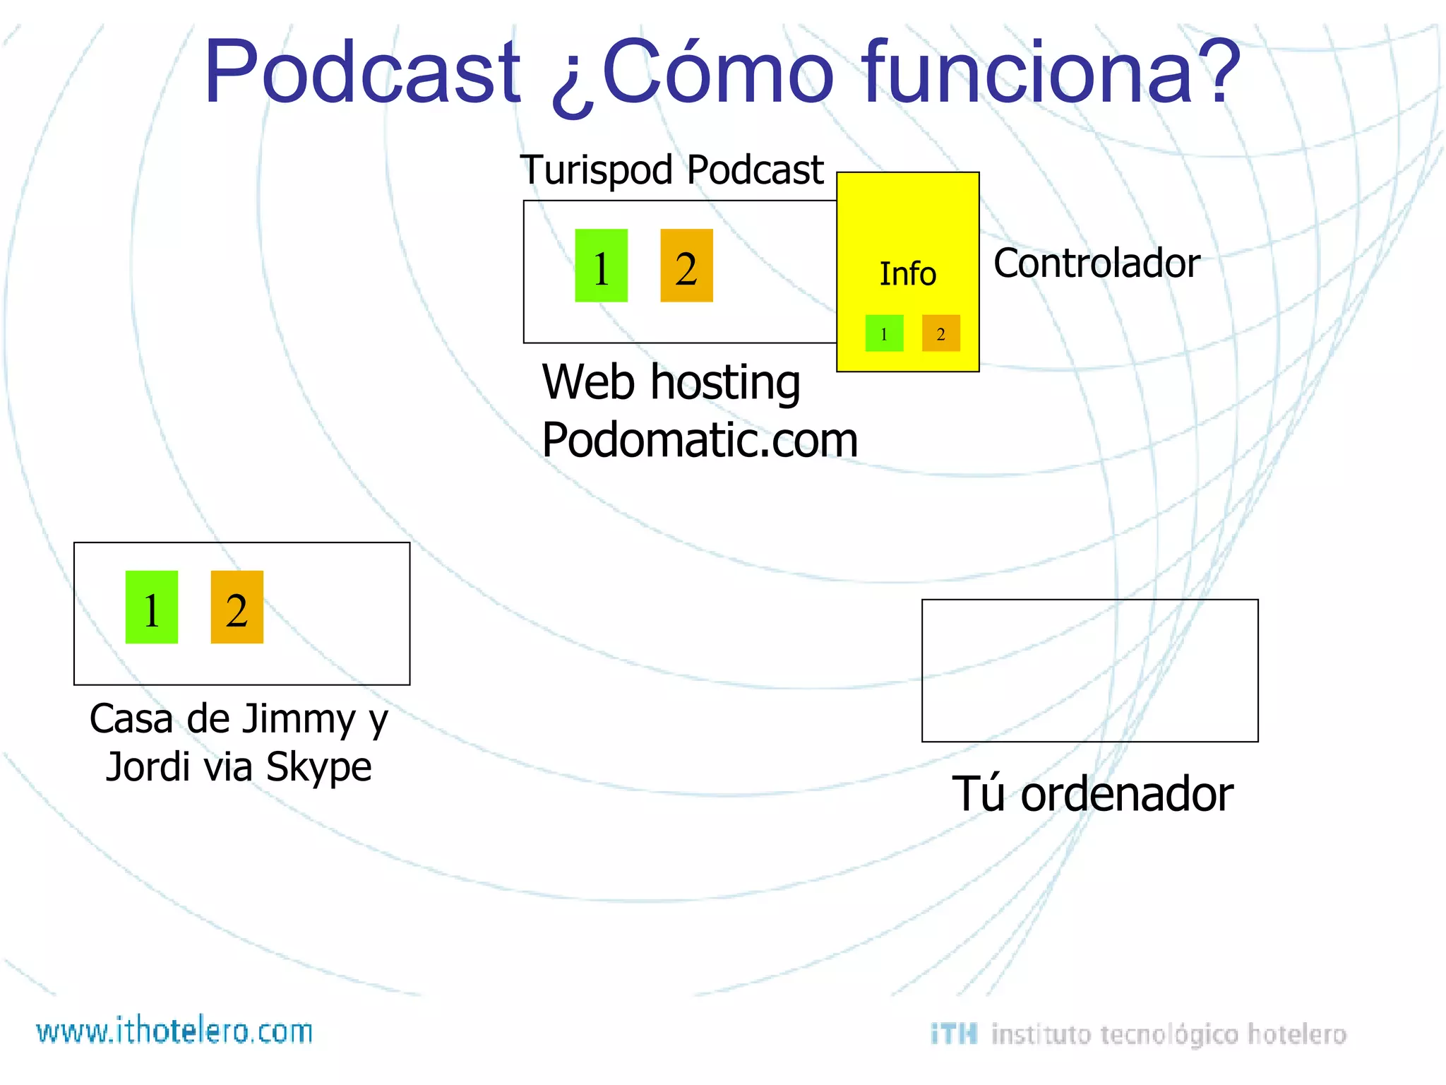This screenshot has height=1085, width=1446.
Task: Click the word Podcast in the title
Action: (x=361, y=72)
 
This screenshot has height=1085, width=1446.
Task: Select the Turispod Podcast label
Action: (x=671, y=170)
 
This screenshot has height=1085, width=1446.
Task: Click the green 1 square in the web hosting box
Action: (x=601, y=266)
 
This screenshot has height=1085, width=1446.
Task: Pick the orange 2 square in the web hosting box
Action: (x=686, y=266)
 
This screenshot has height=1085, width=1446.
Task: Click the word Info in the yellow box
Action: (x=907, y=274)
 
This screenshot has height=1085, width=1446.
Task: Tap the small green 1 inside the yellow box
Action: (x=884, y=333)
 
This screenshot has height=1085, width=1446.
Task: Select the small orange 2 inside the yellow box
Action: (x=940, y=333)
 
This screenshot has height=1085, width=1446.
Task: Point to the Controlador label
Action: (x=1096, y=263)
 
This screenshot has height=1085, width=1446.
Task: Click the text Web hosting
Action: (x=671, y=382)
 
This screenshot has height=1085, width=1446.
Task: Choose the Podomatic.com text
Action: (x=699, y=440)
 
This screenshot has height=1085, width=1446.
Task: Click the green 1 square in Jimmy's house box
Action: (x=151, y=607)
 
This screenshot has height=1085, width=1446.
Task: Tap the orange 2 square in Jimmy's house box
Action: (x=237, y=607)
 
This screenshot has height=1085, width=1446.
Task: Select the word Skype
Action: (x=318, y=767)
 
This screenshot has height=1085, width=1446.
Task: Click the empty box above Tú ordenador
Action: (x=1089, y=670)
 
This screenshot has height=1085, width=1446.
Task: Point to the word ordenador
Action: (x=1127, y=794)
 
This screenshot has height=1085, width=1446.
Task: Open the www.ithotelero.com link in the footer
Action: (x=174, y=1031)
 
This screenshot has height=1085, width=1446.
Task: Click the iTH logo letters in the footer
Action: (x=953, y=1034)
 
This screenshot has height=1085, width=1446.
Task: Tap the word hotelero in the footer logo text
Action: (x=1297, y=1034)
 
